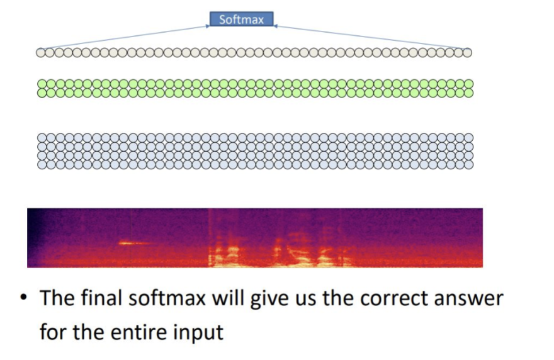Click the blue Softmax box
pos(241,20)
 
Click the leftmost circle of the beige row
pos(40,53)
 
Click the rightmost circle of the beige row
pos(467,53)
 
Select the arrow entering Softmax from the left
pos(126,38)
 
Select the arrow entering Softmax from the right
pos(371,38)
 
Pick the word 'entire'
pos(144,330)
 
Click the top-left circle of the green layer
pos(42,84)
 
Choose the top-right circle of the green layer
pos(468,84)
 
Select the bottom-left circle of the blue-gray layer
pos(42,164)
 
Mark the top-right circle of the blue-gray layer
pos(468,138)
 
